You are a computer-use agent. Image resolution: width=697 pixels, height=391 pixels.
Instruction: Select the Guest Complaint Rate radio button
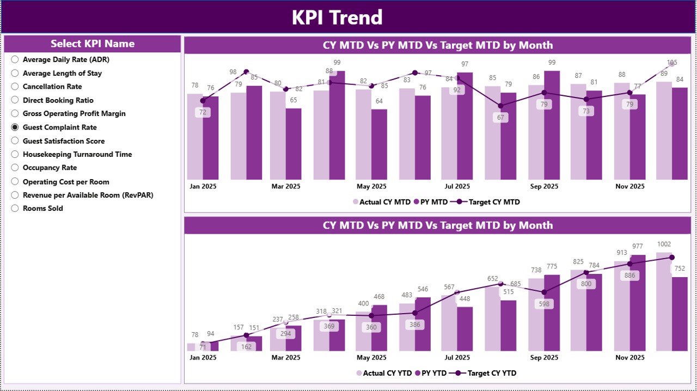pyautogui.click(x=15, y=127)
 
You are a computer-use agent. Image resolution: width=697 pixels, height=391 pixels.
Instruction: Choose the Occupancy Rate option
pyautogui.click(x=15, y=168)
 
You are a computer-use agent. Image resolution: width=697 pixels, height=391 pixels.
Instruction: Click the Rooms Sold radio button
pyautogui.click(x=15, y=209)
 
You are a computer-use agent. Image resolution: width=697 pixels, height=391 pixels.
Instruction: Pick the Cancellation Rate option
pyautogui.click(x=15, y=87)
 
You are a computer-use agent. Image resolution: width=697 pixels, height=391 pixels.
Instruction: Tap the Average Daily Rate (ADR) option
pyautogui.click(x=15, y=59)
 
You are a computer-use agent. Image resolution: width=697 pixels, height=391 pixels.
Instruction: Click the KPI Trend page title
pyautogui.click(x=337, y=17)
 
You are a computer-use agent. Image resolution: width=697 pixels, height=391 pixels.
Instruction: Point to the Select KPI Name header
pyautogui.click(x=93, y=44)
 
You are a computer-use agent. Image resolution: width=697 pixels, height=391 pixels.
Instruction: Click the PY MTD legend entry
pyautogui.click(x=431, y=202)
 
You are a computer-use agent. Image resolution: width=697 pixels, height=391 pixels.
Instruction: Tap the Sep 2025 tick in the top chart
pyautogui.click(x=543, y=186)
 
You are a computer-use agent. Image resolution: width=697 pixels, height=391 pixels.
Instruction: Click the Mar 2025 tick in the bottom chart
pyautogui.click(x=285, y=358)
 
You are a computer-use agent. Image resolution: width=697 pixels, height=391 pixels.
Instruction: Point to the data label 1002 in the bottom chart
pyautogui.click(x=664, y=245)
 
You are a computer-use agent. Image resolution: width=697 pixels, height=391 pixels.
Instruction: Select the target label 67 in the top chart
pyautogui.click(x=500, y=118)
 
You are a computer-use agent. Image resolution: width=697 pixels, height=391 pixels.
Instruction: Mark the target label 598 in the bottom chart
pyautogui.click(x=544, y=304)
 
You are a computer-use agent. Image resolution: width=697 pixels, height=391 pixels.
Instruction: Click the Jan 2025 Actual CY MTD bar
pyautogui.click(x=195, y=136)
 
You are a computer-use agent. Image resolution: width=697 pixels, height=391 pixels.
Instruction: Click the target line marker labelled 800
pyautogui.click(x=586, y=272)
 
